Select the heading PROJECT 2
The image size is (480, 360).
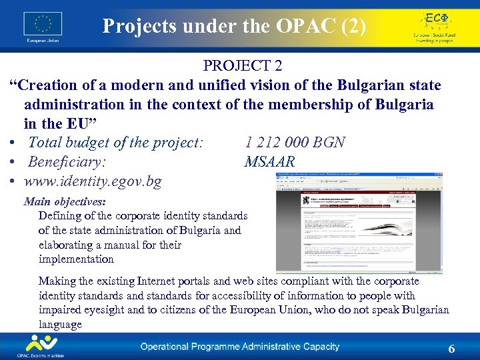243,66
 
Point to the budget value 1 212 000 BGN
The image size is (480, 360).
295,142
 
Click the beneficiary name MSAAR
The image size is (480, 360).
269,162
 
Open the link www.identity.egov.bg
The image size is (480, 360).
93,181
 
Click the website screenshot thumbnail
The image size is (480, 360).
350,223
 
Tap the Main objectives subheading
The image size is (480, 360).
65,201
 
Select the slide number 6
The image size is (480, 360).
451,349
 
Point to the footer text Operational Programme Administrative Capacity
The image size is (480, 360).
239,347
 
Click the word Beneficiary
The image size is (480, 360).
67,162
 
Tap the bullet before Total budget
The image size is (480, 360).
14,143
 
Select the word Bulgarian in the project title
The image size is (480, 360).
365,86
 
